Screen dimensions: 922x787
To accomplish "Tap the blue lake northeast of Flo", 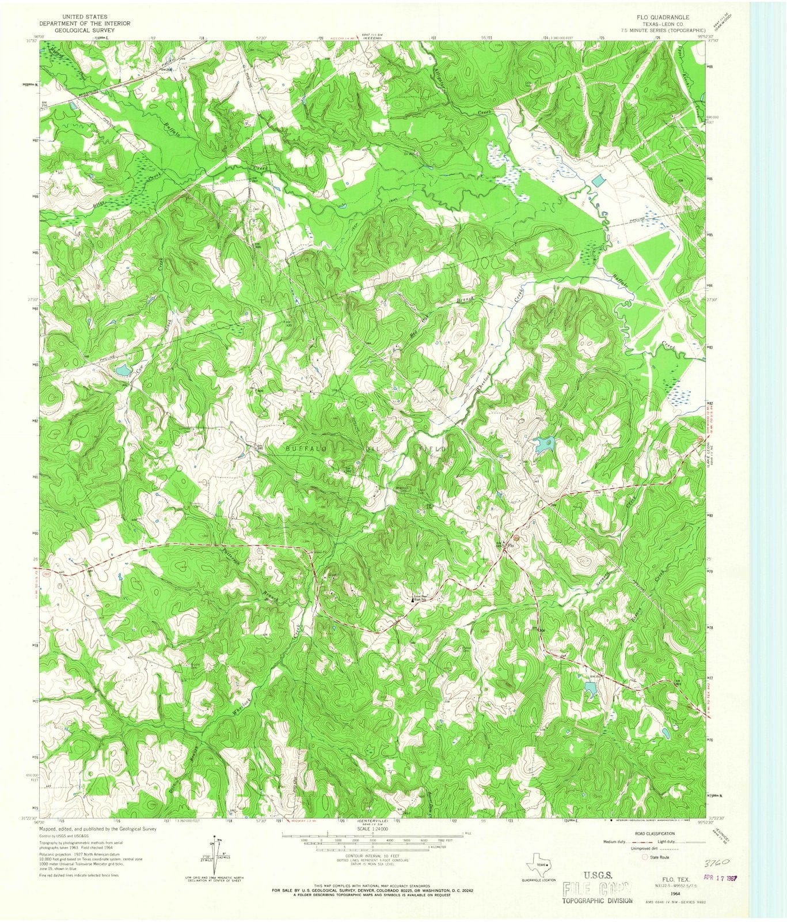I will coord(543,443).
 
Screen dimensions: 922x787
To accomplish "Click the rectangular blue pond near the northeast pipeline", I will coord(599,180).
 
